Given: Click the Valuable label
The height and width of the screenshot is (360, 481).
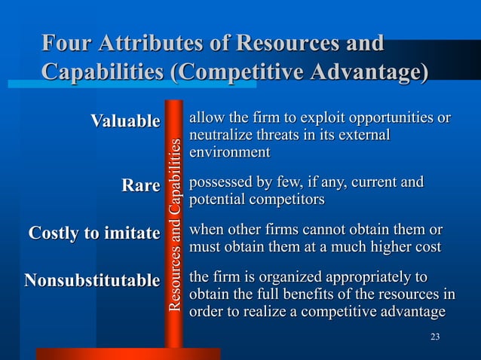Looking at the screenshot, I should point(125,121).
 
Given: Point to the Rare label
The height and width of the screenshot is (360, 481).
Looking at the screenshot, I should point(141,185).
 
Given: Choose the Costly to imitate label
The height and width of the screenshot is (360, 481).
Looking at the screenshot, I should point(94,233).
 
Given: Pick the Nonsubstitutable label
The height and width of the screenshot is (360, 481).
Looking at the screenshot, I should point(92,281).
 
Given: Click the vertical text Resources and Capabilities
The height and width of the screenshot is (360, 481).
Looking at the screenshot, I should point(175,224).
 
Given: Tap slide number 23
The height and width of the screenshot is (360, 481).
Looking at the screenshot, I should point(434,336).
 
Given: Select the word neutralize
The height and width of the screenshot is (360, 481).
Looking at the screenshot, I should point(222,136).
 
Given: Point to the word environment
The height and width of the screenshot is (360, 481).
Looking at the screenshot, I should point(229,153).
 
